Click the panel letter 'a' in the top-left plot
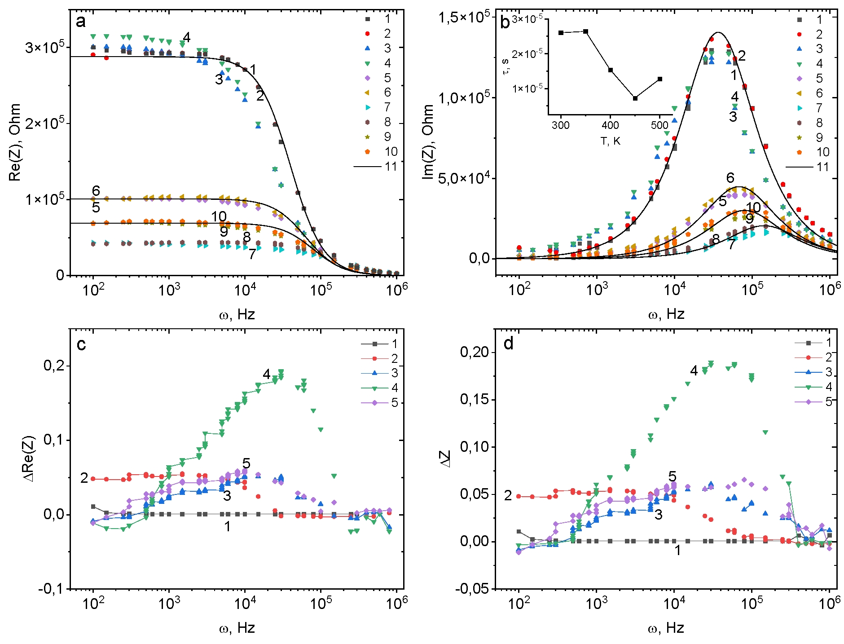coord(81,21)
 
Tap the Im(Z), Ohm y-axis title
coord(429,142)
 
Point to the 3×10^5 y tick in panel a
coord(45,47)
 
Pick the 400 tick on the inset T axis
coord(610,125)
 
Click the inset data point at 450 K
coord(635,98)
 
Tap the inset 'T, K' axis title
coord(610,141)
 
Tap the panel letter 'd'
coord(509,344)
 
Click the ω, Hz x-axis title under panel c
coord(237,628)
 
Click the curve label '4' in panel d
coord(694,371)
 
